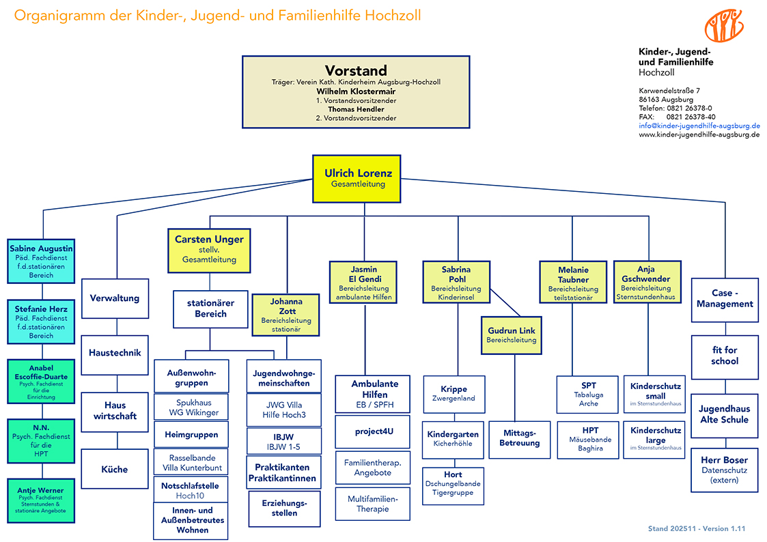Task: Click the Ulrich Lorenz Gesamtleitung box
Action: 358,178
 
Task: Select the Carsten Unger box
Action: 208,250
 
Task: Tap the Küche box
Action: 115,469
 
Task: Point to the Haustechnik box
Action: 115,354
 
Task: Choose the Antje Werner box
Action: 41,500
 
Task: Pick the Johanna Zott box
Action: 285,315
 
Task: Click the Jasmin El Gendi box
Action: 363,283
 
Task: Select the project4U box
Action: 372,431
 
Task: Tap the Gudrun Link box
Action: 511,334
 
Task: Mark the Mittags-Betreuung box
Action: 520,438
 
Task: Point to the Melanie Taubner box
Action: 573,283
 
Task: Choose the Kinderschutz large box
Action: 656,439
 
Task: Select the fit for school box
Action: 724,356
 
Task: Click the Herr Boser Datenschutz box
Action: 724,470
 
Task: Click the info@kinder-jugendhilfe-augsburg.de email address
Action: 699,126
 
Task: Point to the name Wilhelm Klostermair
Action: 356,91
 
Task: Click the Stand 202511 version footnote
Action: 697,529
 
